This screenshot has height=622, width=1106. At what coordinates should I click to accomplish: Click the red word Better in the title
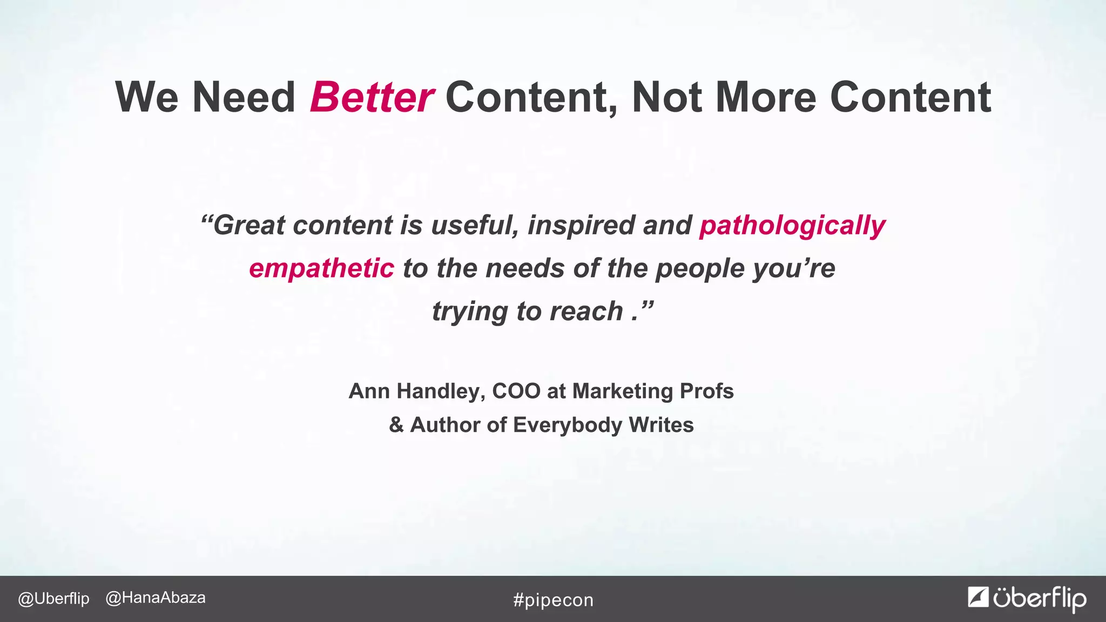click(x=372, y=98)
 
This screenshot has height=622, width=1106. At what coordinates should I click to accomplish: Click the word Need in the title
click(x=244, y=98)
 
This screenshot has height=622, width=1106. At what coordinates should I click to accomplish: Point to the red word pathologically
click(x=792, y=226)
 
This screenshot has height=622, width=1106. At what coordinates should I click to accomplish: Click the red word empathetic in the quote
click(x=321, y=268)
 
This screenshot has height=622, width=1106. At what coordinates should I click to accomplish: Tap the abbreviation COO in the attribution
click(x=516, y=391)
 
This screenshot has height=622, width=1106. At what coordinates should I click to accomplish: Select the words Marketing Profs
click(x=652, y=391)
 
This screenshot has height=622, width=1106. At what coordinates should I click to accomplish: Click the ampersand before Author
click(x=396, y=425)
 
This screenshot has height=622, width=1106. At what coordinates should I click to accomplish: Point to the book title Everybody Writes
click(x=603, y=425)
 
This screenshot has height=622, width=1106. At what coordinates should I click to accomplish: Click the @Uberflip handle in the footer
click(x=53, y=599)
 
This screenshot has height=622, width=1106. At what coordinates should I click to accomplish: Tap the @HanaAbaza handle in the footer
click(x=156, y=598)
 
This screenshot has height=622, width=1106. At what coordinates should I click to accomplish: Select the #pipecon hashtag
click(x=553, y=600)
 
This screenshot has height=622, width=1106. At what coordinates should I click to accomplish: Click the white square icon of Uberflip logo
click(x=978, y=597)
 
